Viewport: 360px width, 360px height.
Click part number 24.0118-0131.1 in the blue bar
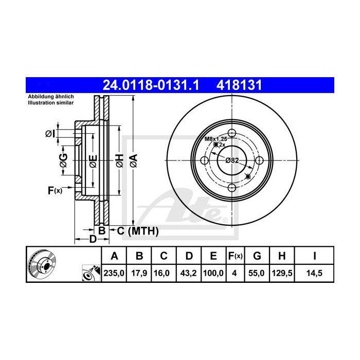pos(151,85)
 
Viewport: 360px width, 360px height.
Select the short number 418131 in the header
pos(239,85)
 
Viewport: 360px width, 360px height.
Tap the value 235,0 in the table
pos(114,273)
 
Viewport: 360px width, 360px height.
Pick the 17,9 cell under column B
pos(139,273)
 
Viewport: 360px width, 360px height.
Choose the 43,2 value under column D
pos(189,273)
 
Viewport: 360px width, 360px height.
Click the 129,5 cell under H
pos(282,273)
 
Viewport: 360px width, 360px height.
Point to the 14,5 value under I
pos(314,273)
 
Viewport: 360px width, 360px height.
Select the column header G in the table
pos(257,256)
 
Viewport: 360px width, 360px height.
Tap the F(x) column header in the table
pos(236,256)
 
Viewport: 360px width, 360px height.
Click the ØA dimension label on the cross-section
pos(134,160)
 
